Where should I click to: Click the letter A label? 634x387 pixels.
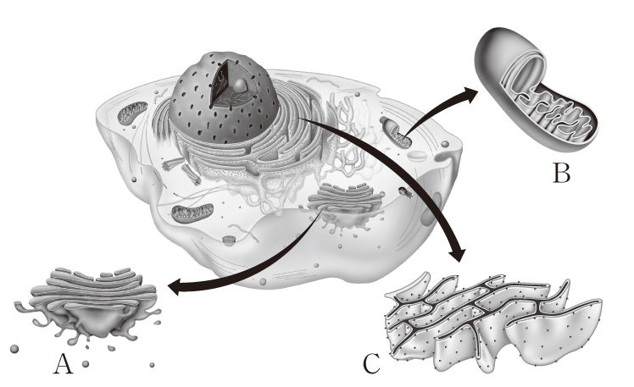point(64,363)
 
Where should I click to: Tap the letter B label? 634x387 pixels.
point(561,173)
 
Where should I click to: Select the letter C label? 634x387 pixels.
point(371,363)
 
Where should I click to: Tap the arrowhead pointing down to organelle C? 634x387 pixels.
point(458,253)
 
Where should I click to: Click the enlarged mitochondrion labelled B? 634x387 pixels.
point(537,90)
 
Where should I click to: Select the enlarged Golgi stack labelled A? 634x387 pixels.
point(88,305)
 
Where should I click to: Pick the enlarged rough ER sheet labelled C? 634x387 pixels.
point(492,321)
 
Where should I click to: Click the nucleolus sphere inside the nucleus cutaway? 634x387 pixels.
point(241,86)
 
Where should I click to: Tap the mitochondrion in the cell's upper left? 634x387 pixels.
point(132,113)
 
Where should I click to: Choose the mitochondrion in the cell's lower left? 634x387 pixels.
point(192,213)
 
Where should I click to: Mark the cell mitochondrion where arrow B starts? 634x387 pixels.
point(398,133)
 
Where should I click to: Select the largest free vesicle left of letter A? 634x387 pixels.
point(14,349)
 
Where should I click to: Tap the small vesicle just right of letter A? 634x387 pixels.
point(85,364)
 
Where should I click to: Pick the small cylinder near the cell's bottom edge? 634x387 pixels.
point(229,240)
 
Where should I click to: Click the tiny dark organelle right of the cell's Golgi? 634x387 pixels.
point(405,192)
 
